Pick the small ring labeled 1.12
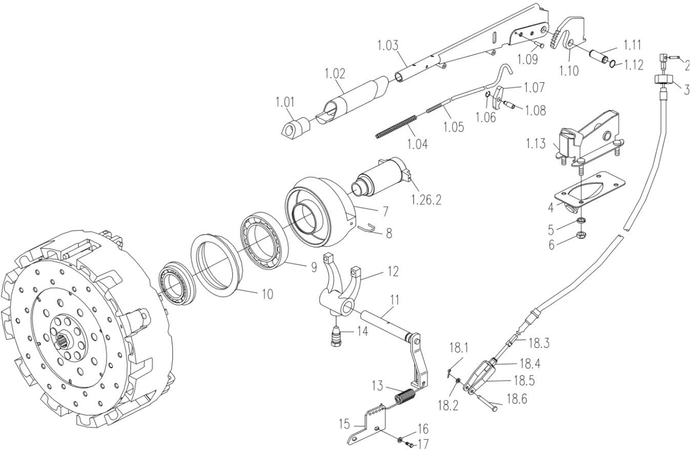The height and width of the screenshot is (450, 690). pos(613,65)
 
